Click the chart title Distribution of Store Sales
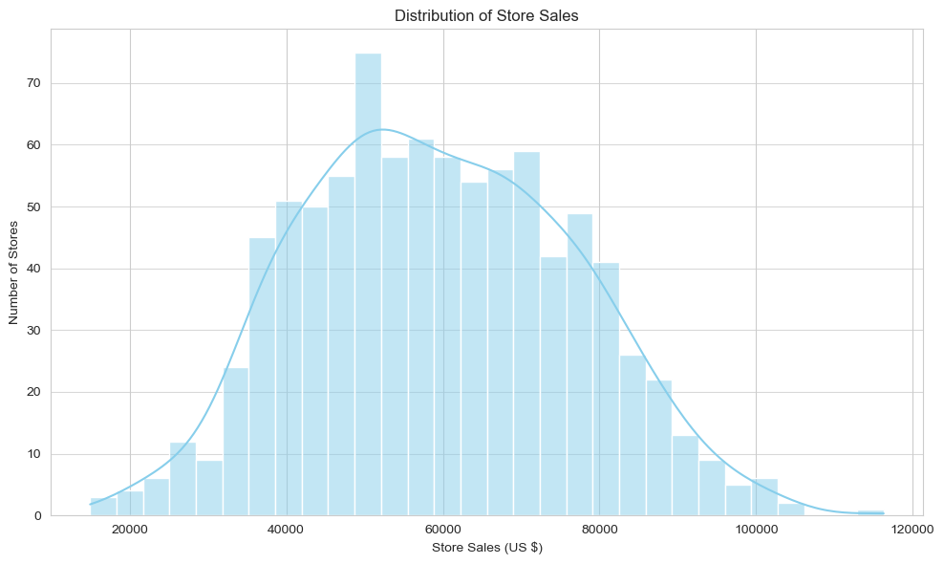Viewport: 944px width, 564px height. pos(486,14)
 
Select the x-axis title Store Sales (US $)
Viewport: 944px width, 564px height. pos(486,548)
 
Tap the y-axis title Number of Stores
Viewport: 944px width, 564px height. pos(14,272)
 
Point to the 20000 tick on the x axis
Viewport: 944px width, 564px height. pos(130,529)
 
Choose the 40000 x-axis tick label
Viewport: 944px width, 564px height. pos(287,529)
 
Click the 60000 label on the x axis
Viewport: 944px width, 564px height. pos(443,529)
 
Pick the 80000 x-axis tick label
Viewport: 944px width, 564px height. pos(599,529)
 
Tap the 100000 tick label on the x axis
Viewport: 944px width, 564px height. pos(756,529)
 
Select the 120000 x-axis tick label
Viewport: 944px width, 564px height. pos(912,529)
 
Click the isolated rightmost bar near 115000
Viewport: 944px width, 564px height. pos(870,513)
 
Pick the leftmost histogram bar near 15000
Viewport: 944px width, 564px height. pos(103,508)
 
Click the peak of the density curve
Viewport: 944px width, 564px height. pos(382,129)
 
